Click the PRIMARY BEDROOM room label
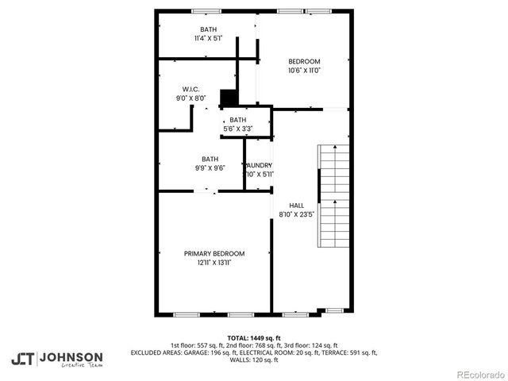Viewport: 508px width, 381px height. (x=214, y=253)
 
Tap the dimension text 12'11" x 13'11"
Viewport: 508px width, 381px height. (x=214, y=262)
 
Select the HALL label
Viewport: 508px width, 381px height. (x=296, y=204)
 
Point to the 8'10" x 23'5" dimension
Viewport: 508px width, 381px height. (x=297, y=214)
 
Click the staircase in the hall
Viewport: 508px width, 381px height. (x=333, y=195)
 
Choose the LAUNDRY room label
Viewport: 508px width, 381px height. (x=259, y=165)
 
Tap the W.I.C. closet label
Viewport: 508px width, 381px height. (x=190, y=89)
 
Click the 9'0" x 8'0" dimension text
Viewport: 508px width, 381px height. (x=190, y=98)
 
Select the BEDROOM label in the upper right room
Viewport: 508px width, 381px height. (x=304, y=62)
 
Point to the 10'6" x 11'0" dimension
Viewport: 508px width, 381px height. (x=304, y=71)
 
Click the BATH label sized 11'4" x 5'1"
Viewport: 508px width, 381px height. (x=208, y=29)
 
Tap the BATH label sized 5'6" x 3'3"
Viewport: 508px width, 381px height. (x=238, y=120)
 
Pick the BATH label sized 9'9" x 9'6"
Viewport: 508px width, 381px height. (x=210, y=159)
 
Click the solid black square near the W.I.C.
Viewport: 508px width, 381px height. (x=229, y=98)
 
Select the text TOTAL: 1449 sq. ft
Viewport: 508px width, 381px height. (x=253, y=337)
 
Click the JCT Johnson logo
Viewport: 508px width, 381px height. (x=56, y=359)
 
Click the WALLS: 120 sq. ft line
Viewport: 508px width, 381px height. (x=253, y=360)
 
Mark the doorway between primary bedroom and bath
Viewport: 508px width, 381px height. (x=207, y=190)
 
